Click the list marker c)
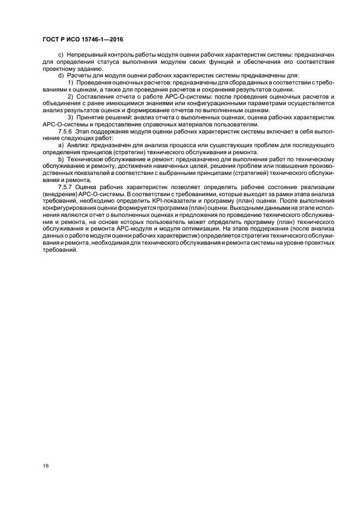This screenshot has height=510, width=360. click(x=60, y=56)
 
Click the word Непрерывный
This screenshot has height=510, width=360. click(x=87, y=56)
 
